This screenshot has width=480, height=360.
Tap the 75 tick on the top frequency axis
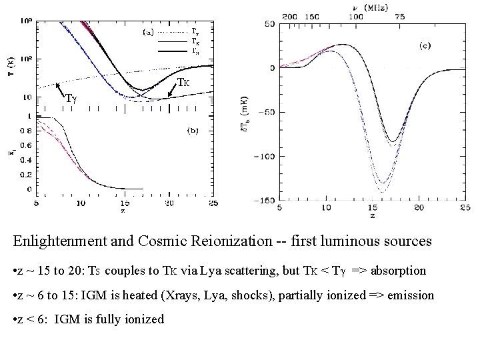tap(400, 15)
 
